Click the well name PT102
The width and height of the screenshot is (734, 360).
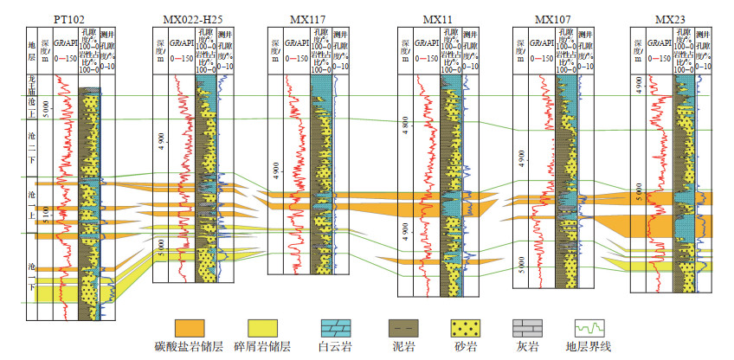point(74,19)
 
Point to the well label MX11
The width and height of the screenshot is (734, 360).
point(437,19)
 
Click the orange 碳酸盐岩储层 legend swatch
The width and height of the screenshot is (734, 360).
point(190,328)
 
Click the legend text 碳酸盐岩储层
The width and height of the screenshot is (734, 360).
point(190,348)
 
